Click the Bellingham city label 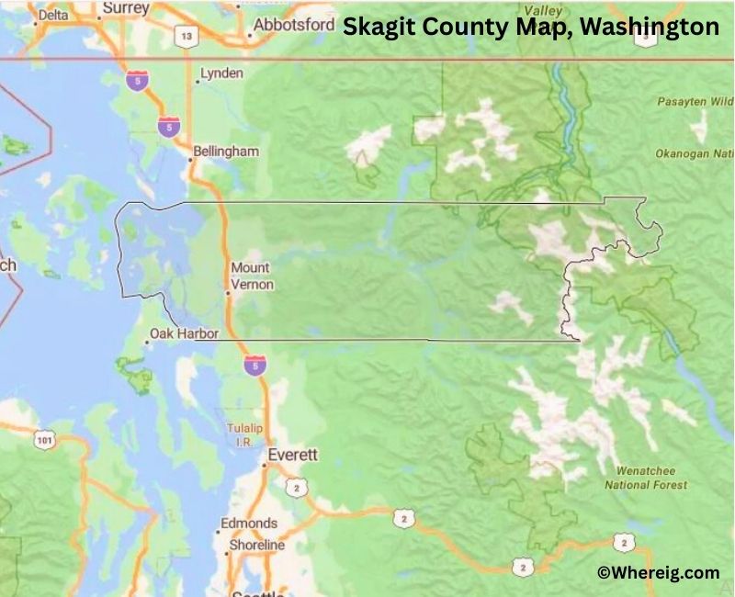pyautogui.click(x=226, y=151)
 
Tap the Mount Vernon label pyautogui.click(x=251, y=276)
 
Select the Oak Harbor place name pyautogui.click(x=185, y=333)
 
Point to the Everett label pyautogui.click(x=292, y=455)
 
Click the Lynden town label pyautogui.click(x=221, y=73)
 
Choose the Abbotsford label pyautogui.click(x=293, y=25)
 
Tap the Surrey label pyautogui.click(x=126, y=7)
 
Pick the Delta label pyautogui.click(x=54, y=15)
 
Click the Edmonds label pyautogui.click(x=248, y=524)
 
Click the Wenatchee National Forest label pyautogui.click(x=646, y=478)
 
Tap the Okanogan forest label pyautogui.click(x=695, y=154)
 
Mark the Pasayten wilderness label pyautogui.click(x=695, y=102)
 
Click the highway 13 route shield pyautogui.click(x=187, y=36)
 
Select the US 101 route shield pyautogui.click(x=43, y=441)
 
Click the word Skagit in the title pyautogui.click(x=380, y=27)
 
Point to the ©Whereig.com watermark pyautogui.click(x=658, y=572)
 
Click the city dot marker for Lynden pyautogui.click(x=197, y=81)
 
